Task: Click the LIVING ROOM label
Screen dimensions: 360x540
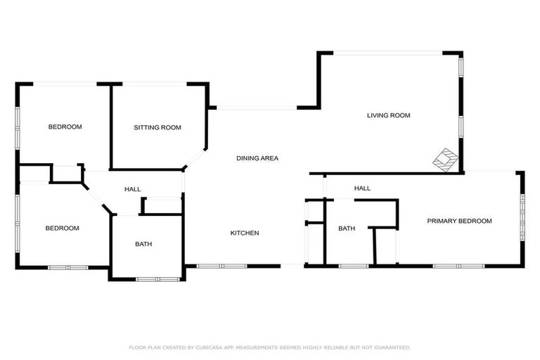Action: [x=388, y=115]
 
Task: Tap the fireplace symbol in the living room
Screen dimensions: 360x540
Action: [x=444, y=159]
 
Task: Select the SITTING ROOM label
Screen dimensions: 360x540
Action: [x=157, y=127]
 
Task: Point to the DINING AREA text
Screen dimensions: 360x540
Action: [x=257, y=158]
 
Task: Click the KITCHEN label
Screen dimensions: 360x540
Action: [x=245, y=233]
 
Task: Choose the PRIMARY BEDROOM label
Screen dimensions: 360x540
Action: [x=459, y=221]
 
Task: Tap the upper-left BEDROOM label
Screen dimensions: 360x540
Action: [x=65, y=127]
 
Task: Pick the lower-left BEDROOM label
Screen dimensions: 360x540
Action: [x=62, y=228]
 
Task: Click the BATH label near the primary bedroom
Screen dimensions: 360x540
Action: [x=347, y=229]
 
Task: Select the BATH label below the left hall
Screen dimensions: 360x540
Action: [x=143, y=244]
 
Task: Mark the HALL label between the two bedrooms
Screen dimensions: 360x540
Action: [x=132, y=189]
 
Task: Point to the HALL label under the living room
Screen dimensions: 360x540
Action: [x=362, y=188]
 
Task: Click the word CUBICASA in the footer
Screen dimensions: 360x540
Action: [x=219, y=347]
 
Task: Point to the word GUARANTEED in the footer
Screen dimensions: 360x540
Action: [x=392, y=347]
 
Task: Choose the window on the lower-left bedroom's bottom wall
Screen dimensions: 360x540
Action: [x=67, y=267]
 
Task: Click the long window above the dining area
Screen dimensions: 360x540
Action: [x=256, y=108]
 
